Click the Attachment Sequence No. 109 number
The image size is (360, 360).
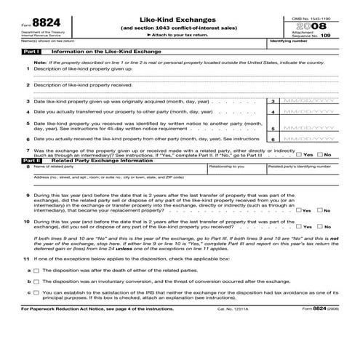(324, 35)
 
